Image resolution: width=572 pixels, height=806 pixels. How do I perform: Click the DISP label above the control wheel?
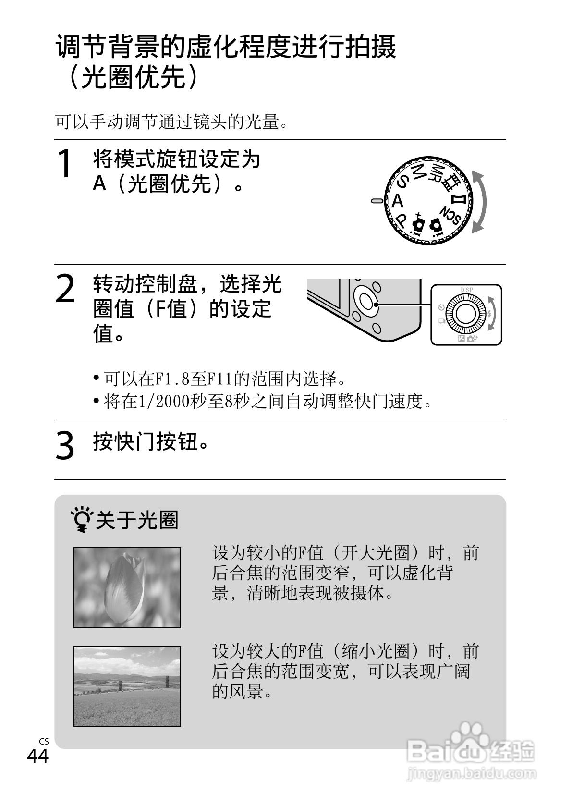[x=466, y=290]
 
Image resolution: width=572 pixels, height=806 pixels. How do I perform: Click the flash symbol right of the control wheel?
[x=489, y=314]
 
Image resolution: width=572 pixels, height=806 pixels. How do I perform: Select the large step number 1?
[x=65, y=164]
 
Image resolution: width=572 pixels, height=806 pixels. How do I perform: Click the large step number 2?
[x=65, y=289]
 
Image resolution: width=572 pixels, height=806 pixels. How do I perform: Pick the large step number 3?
[x=65, y=445]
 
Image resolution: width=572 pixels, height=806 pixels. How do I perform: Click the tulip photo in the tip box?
[x=127, y=587]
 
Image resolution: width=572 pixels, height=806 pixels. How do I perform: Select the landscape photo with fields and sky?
[x=127, y=686]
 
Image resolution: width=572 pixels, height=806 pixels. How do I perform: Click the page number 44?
[x=37, y=757]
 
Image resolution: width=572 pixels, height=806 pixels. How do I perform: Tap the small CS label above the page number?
[x=44, y=741]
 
